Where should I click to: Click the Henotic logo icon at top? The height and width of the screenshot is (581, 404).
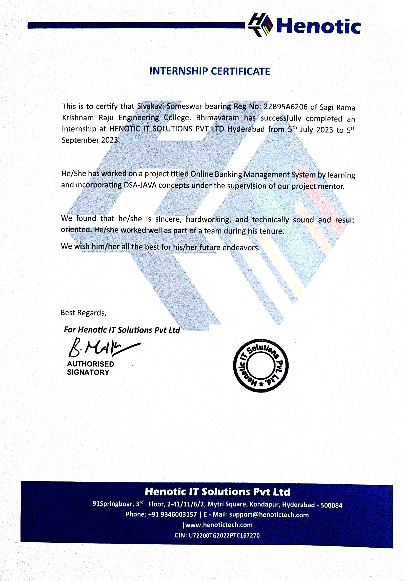pyautogui.click(x=260, y=25)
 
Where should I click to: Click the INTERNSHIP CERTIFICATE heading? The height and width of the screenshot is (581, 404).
pyautogui.click(x=210, y=71)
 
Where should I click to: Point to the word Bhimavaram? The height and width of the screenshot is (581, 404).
pyautogui.click(x=217, y=118)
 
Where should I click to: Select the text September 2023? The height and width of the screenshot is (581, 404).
pyautogui.click(x=90, y=140)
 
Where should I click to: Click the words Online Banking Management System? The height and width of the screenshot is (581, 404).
pyautogui.click(x=253, y=175)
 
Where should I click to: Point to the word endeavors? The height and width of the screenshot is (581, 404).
pyautogui.click(x=241, y=247)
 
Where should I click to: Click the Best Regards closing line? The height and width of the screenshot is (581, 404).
pyautogui.click(x=83, y=313)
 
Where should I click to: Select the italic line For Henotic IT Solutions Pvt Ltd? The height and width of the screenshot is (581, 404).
pyautogui.click(x=122, y=330)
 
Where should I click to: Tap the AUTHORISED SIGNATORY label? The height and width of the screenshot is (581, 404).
pyautogui.click(x=90, y=368)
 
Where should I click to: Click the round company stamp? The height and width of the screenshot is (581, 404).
pyautogui.click(x=260, y=365)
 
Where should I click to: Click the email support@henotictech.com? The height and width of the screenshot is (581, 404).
pyautogui.click(x=269, y=515)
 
